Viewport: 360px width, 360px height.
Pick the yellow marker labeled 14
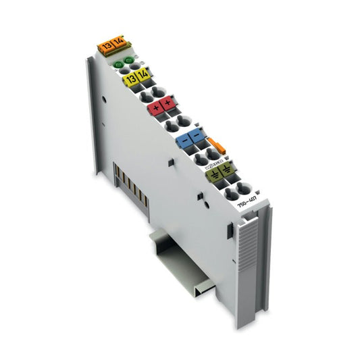pos(142,75)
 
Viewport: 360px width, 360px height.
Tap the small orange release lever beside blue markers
pos(215,144)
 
